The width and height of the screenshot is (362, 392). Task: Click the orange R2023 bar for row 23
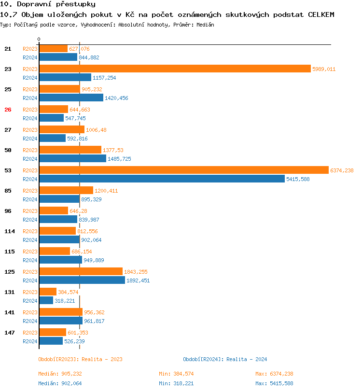(175, 69)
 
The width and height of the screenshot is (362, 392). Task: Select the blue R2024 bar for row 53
(162, 179)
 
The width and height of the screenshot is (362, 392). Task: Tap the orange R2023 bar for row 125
(81, 271)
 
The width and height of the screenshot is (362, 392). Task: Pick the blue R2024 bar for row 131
(46, 300)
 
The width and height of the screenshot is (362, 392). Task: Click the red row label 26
(8, 110)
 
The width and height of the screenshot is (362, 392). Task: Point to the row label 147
(10, 333)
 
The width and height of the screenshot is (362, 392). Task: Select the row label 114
(10, 231)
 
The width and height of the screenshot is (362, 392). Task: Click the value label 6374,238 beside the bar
(342, 170)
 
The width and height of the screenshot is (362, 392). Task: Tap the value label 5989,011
(323, 69)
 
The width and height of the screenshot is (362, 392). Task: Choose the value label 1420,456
(116, 98)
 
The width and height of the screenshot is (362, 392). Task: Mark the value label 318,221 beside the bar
(65, 301)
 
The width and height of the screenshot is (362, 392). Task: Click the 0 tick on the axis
(39, 39)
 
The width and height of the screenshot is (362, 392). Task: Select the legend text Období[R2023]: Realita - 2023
(80, 359)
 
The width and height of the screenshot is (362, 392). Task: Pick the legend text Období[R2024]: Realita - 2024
(225, 359)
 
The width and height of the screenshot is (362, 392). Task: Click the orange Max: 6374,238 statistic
(274, 374)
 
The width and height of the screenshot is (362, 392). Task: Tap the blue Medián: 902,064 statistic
(60, 383)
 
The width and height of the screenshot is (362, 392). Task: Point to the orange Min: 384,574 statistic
(177, 374)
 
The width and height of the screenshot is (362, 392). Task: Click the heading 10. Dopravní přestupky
(41, 4)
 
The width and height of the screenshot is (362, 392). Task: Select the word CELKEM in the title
(321, 14)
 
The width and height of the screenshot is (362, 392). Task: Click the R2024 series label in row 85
(30, 199)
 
